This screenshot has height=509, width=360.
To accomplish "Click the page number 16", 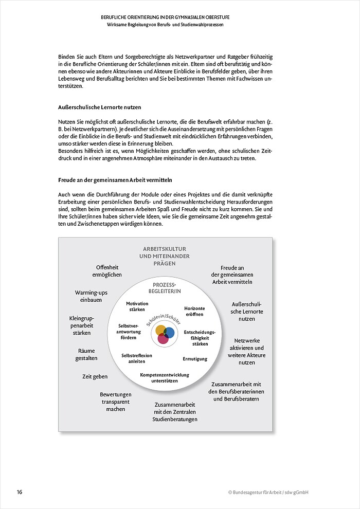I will pos(20,492).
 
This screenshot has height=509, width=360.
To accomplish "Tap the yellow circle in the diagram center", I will pos(160,330).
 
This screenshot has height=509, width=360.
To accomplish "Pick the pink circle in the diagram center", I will pos(163,339).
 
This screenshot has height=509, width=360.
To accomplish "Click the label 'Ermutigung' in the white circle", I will pos(195,358).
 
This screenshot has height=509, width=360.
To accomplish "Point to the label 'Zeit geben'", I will pos(95,376).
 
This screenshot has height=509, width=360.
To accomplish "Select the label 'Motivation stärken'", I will pos(137,307).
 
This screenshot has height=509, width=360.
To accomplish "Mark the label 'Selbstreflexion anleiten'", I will pos(137,358).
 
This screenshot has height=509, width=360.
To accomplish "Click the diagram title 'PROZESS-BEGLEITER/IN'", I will pos(165,288).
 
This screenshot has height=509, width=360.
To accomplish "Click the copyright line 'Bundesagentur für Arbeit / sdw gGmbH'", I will pos(268,492).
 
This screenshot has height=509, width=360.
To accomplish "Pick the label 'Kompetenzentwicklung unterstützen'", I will pos(165,378).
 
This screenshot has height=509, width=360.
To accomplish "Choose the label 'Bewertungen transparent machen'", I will pos(116,402).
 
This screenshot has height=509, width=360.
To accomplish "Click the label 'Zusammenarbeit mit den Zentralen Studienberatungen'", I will pos(175,412).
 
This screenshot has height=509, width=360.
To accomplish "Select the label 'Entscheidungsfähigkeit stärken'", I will pos(200,338).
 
